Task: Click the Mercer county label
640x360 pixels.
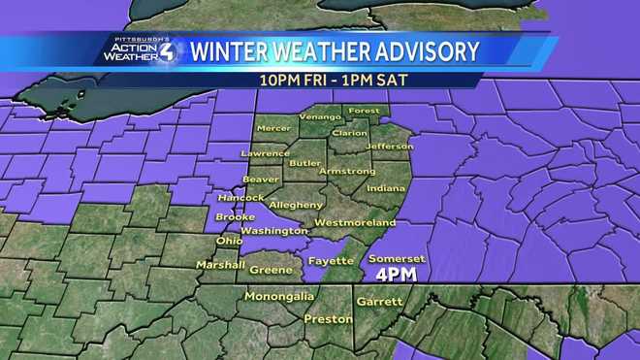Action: coord(272,128)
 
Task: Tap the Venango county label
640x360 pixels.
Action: coord(319,116)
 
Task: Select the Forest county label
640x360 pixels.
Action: coord(364,111)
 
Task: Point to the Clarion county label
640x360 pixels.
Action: coord(349,133)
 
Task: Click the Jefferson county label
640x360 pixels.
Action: coord(389,147)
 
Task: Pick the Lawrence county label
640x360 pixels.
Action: coord(265,153)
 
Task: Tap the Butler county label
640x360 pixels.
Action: coord(305,164)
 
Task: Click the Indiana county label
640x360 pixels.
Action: coord(386,188)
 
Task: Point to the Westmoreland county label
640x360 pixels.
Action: coord(354,223)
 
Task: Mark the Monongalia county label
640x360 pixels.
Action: coord(279,295)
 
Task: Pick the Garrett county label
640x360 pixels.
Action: coord(379,302)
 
